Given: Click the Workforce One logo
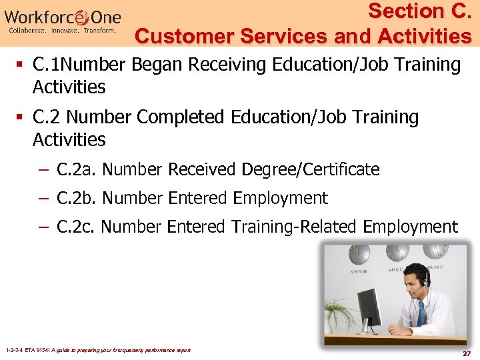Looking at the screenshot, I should click(64, 20).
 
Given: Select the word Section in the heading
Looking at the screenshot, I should click(398, 11).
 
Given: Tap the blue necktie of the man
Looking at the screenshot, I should click(421, 313).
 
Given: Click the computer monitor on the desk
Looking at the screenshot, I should click(371, 310).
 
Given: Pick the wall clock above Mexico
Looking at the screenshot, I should click(398, 253).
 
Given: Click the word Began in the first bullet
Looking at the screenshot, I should click(160, 65).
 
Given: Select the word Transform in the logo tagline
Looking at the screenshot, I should click(99, 31).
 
